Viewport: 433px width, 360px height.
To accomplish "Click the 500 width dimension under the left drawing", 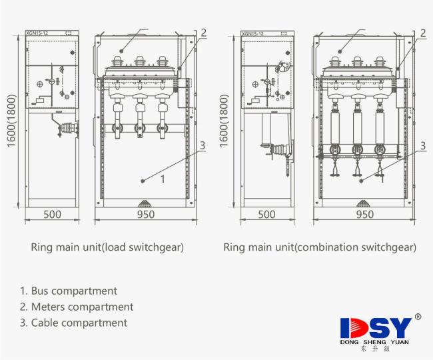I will (x=53, y=215).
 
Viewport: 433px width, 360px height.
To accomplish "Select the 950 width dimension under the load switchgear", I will (x=145, y=215).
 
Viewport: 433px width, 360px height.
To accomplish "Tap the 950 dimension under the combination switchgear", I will (x=364, y=215).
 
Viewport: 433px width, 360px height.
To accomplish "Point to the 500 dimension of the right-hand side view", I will (x=266, y=215).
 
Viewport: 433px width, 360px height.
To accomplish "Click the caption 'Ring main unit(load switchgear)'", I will (x=107, y=247).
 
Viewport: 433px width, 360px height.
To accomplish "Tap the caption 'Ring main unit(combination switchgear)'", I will (x=320, y=247).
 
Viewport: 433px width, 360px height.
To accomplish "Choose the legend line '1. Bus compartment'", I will (x=69, y=291).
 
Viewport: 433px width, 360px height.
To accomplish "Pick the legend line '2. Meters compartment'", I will (x=77, y=307).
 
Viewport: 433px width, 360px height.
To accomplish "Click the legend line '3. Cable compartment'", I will (x=73, y=323).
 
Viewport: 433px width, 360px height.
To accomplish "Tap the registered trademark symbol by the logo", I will (x=418, y=317).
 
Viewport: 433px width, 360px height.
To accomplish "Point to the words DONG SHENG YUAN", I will (x=374, y=342).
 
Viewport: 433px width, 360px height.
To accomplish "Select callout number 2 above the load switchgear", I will (x=204, y=32).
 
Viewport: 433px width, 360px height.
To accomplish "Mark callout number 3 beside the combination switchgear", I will (x=423, y=145).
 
